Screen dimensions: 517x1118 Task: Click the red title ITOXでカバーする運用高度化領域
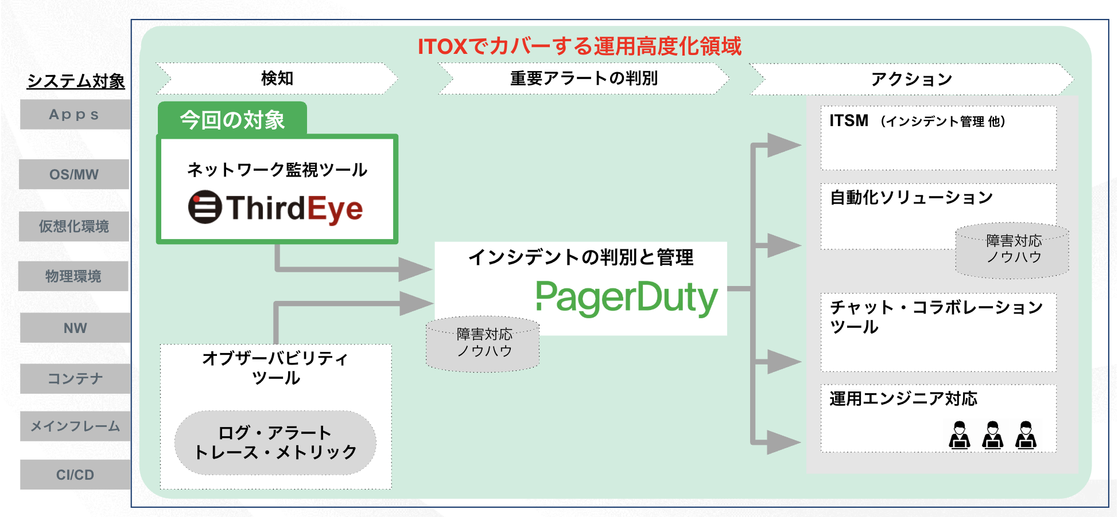pyautogui.click(x=579, y=46)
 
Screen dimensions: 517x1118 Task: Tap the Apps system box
pyautogui.click(x=75, y=115)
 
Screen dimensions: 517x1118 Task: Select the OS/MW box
pyautogui.click(x=74, y=174)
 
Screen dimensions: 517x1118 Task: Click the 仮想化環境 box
pyautogui.click(x=74, y=226)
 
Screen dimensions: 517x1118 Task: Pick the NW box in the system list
pyautogui.click(x=75, y=328)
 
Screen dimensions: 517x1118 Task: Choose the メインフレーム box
pyautogui.click(x=75, y=426)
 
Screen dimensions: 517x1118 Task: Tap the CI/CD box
pyautogui.click(x=75, y=475)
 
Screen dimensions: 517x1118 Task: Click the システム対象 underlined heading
pyautogui.click(x=76, y=81)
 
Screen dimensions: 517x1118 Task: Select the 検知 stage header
pyautogui.click(x=277, y=78)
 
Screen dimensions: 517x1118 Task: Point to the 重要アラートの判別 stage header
pyautogui.click(x=584, y=78)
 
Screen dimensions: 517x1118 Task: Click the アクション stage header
pyautogui.click(x=911, y=79)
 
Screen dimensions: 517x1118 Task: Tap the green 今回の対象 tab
pyautogui.click(x=232, y=120)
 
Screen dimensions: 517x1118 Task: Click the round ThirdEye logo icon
pyautogui.click(x=205, y=207)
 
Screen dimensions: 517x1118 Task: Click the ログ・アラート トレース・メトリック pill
pyautogui.click(x=275, y=442)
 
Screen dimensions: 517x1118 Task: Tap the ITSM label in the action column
pyautogui.click(x=849, y=121)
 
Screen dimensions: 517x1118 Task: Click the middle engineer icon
pyautogui.click(x=992, y=435)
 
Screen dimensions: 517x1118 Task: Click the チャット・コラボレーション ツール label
pyautogui.click(x=935, y=317)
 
